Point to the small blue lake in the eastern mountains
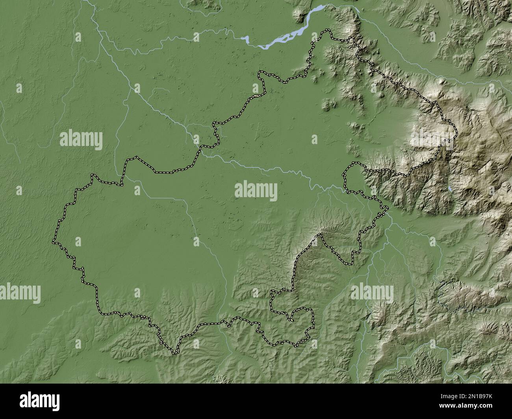(x=450, y=189)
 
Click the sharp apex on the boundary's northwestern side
(x=137, y=157)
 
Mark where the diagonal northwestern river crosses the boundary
(x=199, y=150)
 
